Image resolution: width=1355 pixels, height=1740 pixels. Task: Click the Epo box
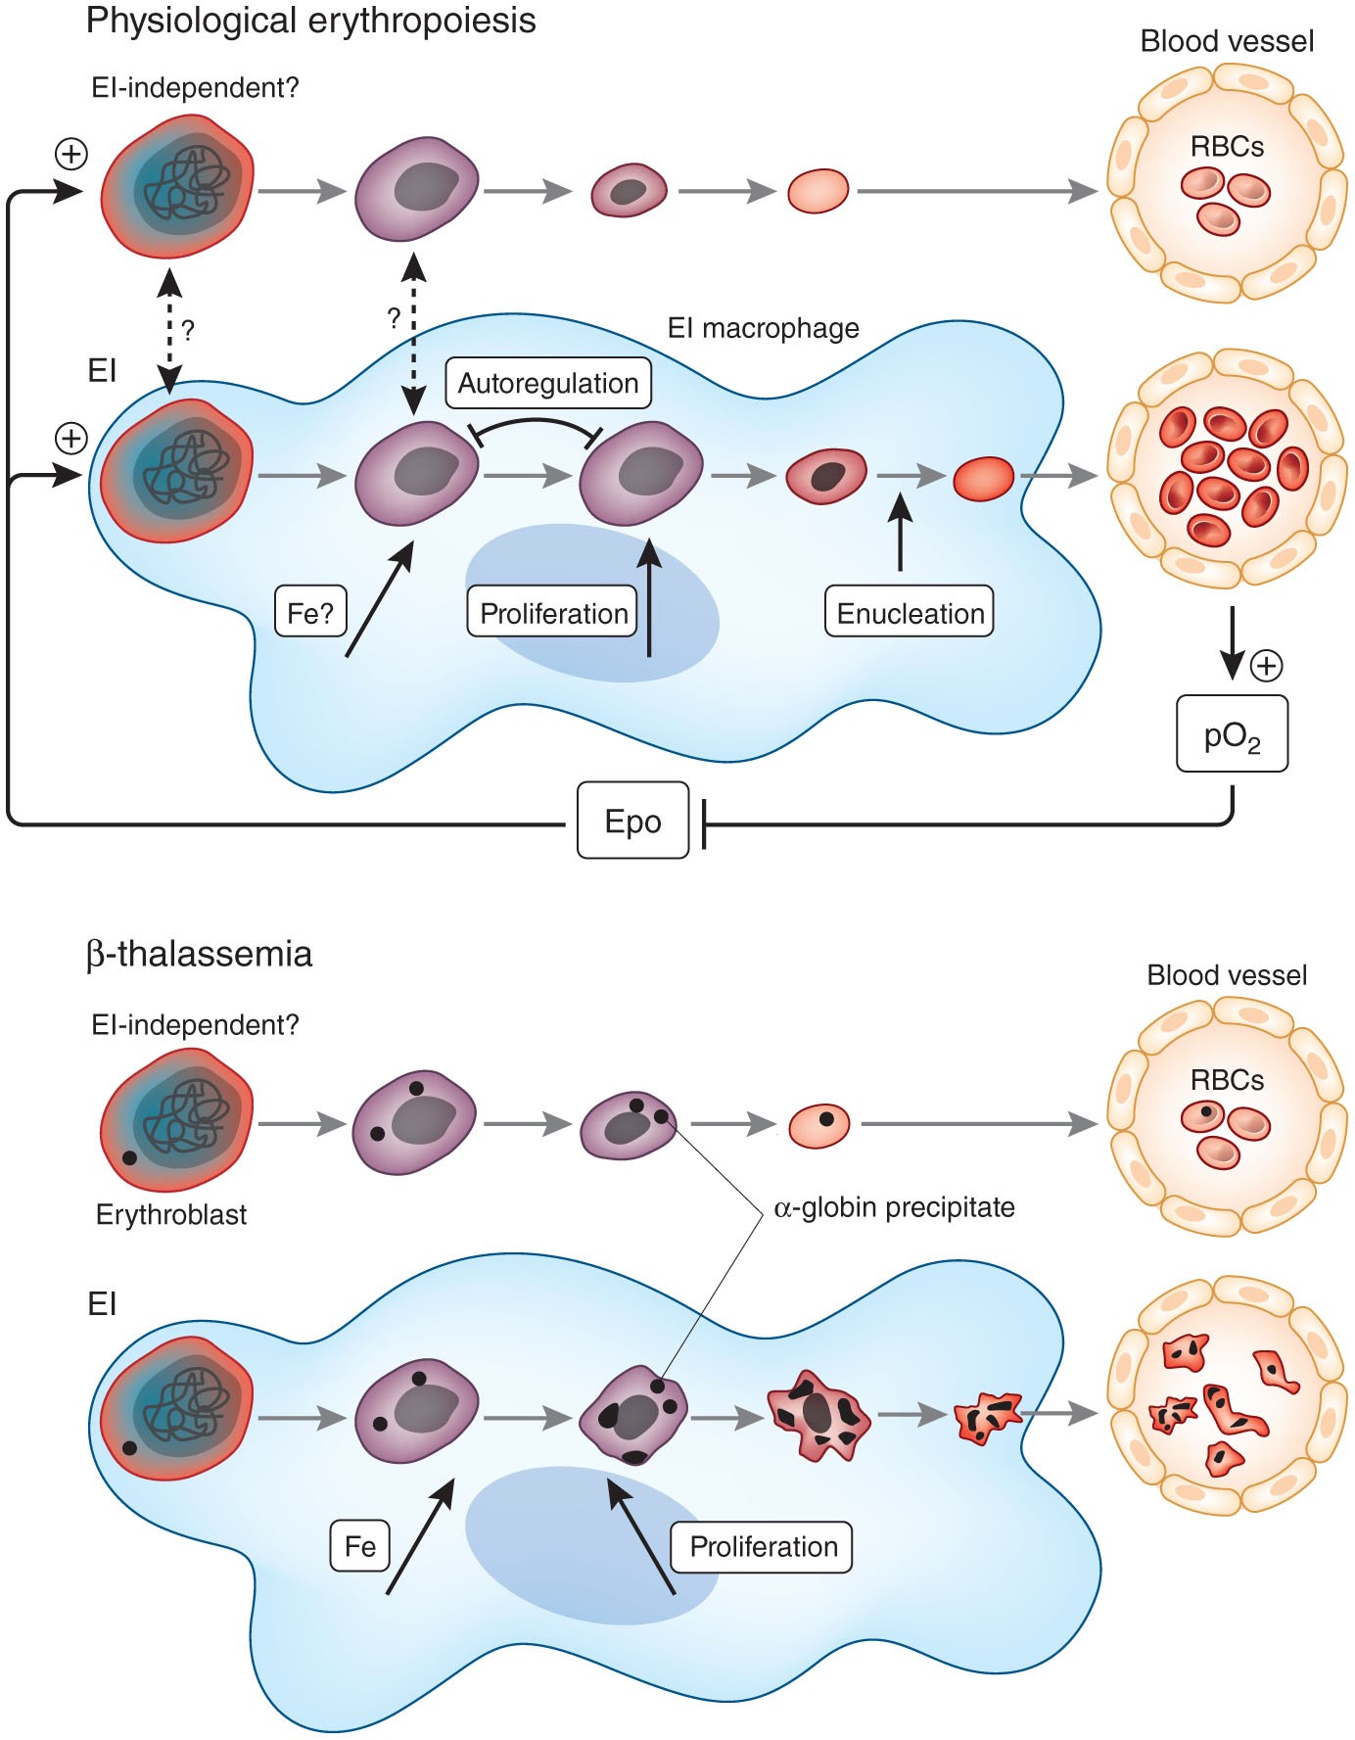click(632, 821)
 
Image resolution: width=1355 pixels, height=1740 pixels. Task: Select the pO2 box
click(1232, 733)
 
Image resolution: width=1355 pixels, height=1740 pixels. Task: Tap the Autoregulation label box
click(548, 383)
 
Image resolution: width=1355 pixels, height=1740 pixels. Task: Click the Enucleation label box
click(910, 612)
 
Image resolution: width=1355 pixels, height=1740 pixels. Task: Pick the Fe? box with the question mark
click(310, 612)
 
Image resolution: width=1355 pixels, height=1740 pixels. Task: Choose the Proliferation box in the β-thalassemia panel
click(763, 1546)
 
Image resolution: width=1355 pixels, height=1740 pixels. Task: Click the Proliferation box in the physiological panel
click(553, 612)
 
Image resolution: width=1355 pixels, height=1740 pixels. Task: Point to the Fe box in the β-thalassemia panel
click(360, 1546)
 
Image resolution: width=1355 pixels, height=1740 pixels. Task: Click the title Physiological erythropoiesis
click(311, 21)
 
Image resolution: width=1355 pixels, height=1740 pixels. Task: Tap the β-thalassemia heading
click(199, 953)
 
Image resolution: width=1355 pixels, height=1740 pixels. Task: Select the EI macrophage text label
click(763, 327)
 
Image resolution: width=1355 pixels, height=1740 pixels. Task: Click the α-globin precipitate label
click(894, 1207)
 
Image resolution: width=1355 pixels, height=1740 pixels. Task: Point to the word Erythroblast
click(171, 1214)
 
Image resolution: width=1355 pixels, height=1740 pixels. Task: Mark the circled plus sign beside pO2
click(1267, 666)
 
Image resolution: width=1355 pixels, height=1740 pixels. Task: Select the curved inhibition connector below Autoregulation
click(535, 428)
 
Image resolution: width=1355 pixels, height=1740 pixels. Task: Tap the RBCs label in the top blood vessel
click(1227, 147)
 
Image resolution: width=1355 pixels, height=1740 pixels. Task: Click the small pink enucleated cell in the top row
click(818, 191)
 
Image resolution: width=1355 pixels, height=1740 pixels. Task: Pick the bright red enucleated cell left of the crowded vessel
click(984, 479)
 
